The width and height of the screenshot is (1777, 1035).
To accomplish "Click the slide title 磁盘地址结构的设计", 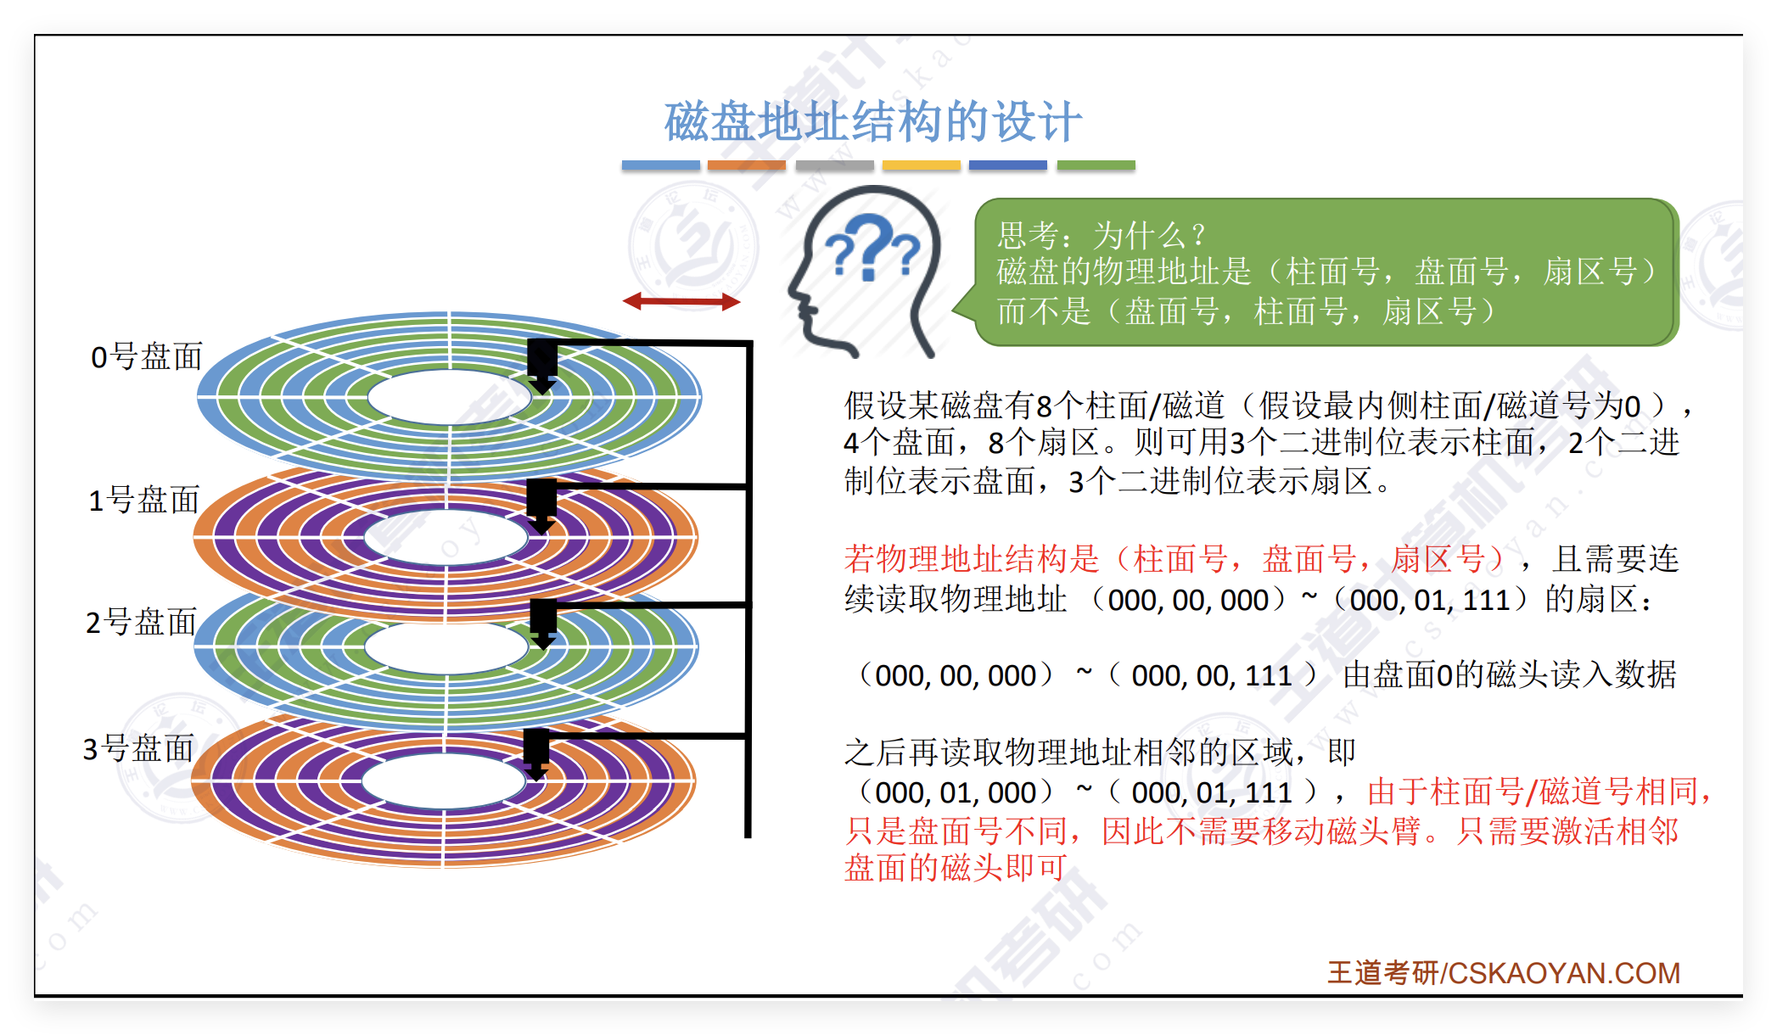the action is pyautogui.click(x=872, y=121).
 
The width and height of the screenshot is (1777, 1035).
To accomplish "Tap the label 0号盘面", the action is pyautogui.click(x=146, y=357).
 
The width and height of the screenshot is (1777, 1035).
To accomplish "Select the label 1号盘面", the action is pyautogui.click(x=143, y=501).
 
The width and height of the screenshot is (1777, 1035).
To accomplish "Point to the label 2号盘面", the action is pyautogui.click(x=141, y=623).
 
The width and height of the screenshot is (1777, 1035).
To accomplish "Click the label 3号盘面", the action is pyautogui.click(x=138, y=749).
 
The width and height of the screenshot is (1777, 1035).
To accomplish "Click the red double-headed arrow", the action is pyautogui.click(x=681, y=301).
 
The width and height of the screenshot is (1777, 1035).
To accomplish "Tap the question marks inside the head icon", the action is pyautogui.click(x=872, y=249).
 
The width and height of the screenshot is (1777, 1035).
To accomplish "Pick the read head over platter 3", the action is pyautogui.click(x=536, y=752).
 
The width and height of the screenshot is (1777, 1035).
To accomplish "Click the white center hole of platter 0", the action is pyautogui.click(x=450, y=396).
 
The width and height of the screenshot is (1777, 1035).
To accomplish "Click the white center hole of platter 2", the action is pyautogui.click(x=446, y=646).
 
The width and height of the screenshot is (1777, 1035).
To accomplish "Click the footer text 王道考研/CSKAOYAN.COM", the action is pyautogui.click(x=1503, y=973).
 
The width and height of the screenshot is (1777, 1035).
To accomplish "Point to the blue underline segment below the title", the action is pyautogui.click(x=660, y=165).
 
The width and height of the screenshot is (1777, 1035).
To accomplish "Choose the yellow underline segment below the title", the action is pyautogui.click(x=921, y=165).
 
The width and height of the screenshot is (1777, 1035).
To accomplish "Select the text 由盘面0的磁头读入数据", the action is pyautogui.click(x=1509, y=675).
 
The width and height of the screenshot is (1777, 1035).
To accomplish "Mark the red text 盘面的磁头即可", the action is pyautogui.click(x=956, y=868).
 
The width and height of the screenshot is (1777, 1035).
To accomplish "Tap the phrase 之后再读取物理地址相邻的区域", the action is pyautogui.click(x=1069, y=752).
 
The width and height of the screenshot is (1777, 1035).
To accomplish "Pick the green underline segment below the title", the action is pyautogui.click(x=1096, y=165).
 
